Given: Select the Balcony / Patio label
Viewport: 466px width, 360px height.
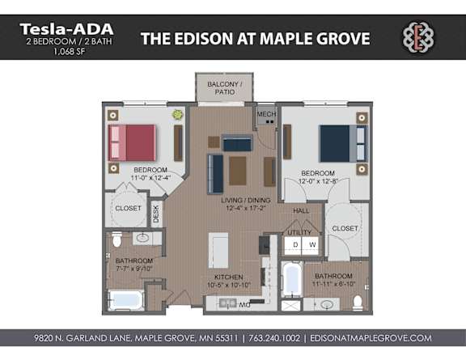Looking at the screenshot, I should (x=221, y=87).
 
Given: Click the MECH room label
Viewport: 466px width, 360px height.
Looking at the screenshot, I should (x=266, y=114).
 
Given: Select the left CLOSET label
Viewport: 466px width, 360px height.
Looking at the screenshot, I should (x=128, y=207).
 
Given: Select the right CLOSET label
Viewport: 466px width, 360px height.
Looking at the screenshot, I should (x=345, y=228).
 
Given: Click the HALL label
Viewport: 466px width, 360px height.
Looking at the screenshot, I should (x=301, y=210).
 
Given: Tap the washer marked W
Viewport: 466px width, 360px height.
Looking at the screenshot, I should (x=311, y=244).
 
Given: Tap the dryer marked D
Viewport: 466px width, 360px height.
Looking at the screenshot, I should (x=295, y=244).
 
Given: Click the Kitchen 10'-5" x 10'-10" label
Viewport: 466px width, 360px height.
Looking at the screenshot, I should (x=228, y=281).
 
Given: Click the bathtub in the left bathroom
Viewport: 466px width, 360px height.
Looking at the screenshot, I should (x=127, y=300).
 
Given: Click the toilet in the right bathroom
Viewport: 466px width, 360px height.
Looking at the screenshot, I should (x=357, y=303).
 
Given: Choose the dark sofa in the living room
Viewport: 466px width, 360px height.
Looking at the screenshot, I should (x=215, y=172).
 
